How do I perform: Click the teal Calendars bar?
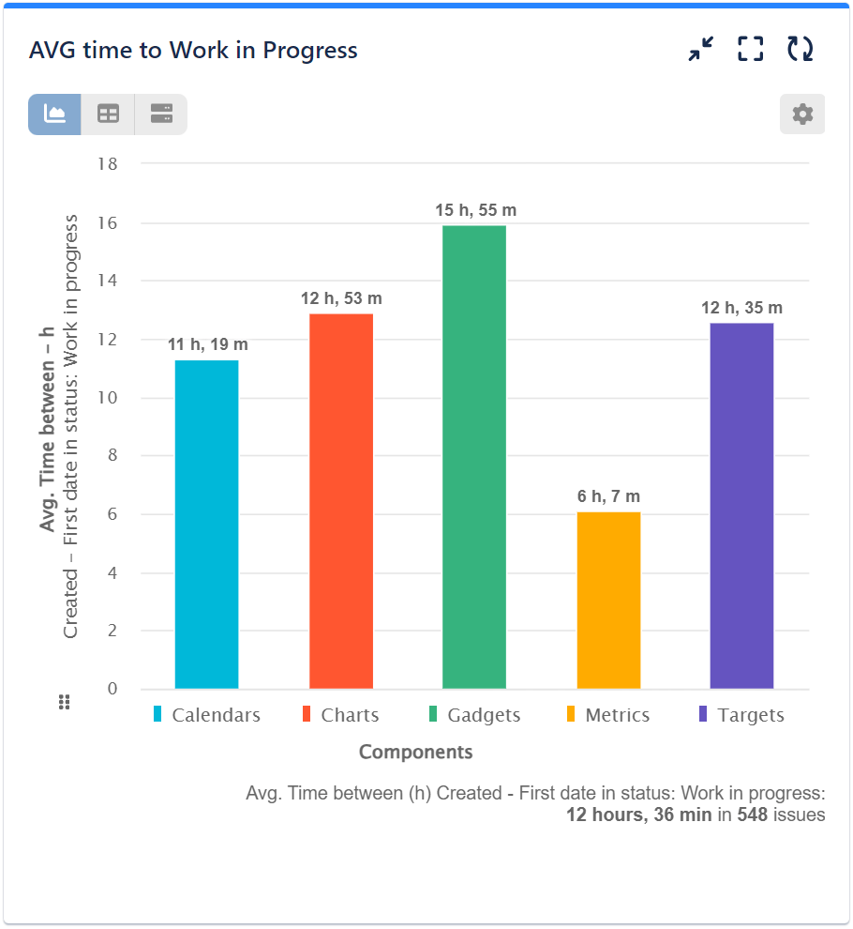click(206, 525)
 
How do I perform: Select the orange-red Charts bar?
click(341, 501)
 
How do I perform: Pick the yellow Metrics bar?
click(608, 601)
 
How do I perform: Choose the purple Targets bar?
click(741, 506)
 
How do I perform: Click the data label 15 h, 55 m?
click(475, 210)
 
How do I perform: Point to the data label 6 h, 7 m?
click(608, 496)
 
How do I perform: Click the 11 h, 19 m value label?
click(208, 344)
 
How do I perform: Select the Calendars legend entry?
click(207, 715)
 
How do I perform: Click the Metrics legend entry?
click(607, 715)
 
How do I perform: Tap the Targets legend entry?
click(741, 715)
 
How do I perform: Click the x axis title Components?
click(415, 752)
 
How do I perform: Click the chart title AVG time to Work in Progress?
click(193, 50)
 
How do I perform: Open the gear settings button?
click(802, 114)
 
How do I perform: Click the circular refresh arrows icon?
click(800, 50)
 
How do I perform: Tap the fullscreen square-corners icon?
click(750, 50)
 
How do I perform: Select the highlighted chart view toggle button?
click(54, 114)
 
